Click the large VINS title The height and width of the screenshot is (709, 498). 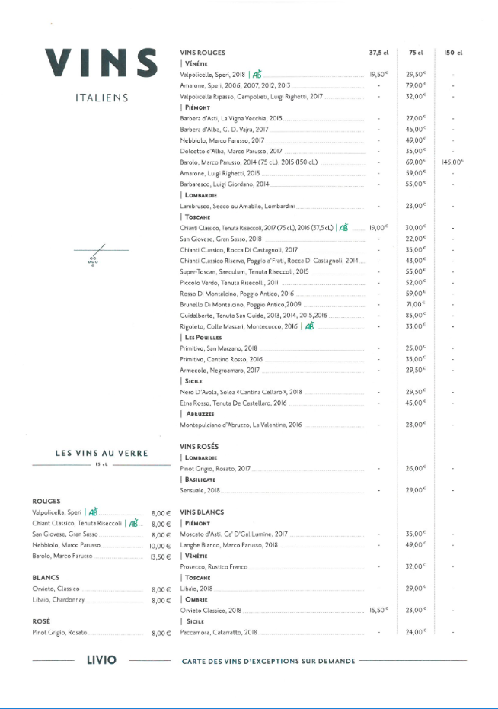[x=101, y=63]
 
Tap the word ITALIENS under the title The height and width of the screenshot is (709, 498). [x=101, y=98]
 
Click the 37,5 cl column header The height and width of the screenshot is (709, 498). [x=378, y=53]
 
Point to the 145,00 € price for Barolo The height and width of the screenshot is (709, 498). [x=452, y=162]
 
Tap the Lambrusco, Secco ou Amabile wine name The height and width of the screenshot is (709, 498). [x=237, y=207]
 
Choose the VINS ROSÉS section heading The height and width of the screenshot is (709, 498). [x=199, y=446]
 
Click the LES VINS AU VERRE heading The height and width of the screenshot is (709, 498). [x=101, y=454]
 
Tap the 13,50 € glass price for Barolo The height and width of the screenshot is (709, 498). [x=160, y=557]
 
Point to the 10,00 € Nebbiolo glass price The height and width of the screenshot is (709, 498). [x=160, y=546]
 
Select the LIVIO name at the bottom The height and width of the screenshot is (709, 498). [x=101, y=659]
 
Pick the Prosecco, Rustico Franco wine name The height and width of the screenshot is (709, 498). [x=214, y=567]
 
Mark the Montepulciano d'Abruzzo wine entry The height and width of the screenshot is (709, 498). [x=241, y=425]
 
